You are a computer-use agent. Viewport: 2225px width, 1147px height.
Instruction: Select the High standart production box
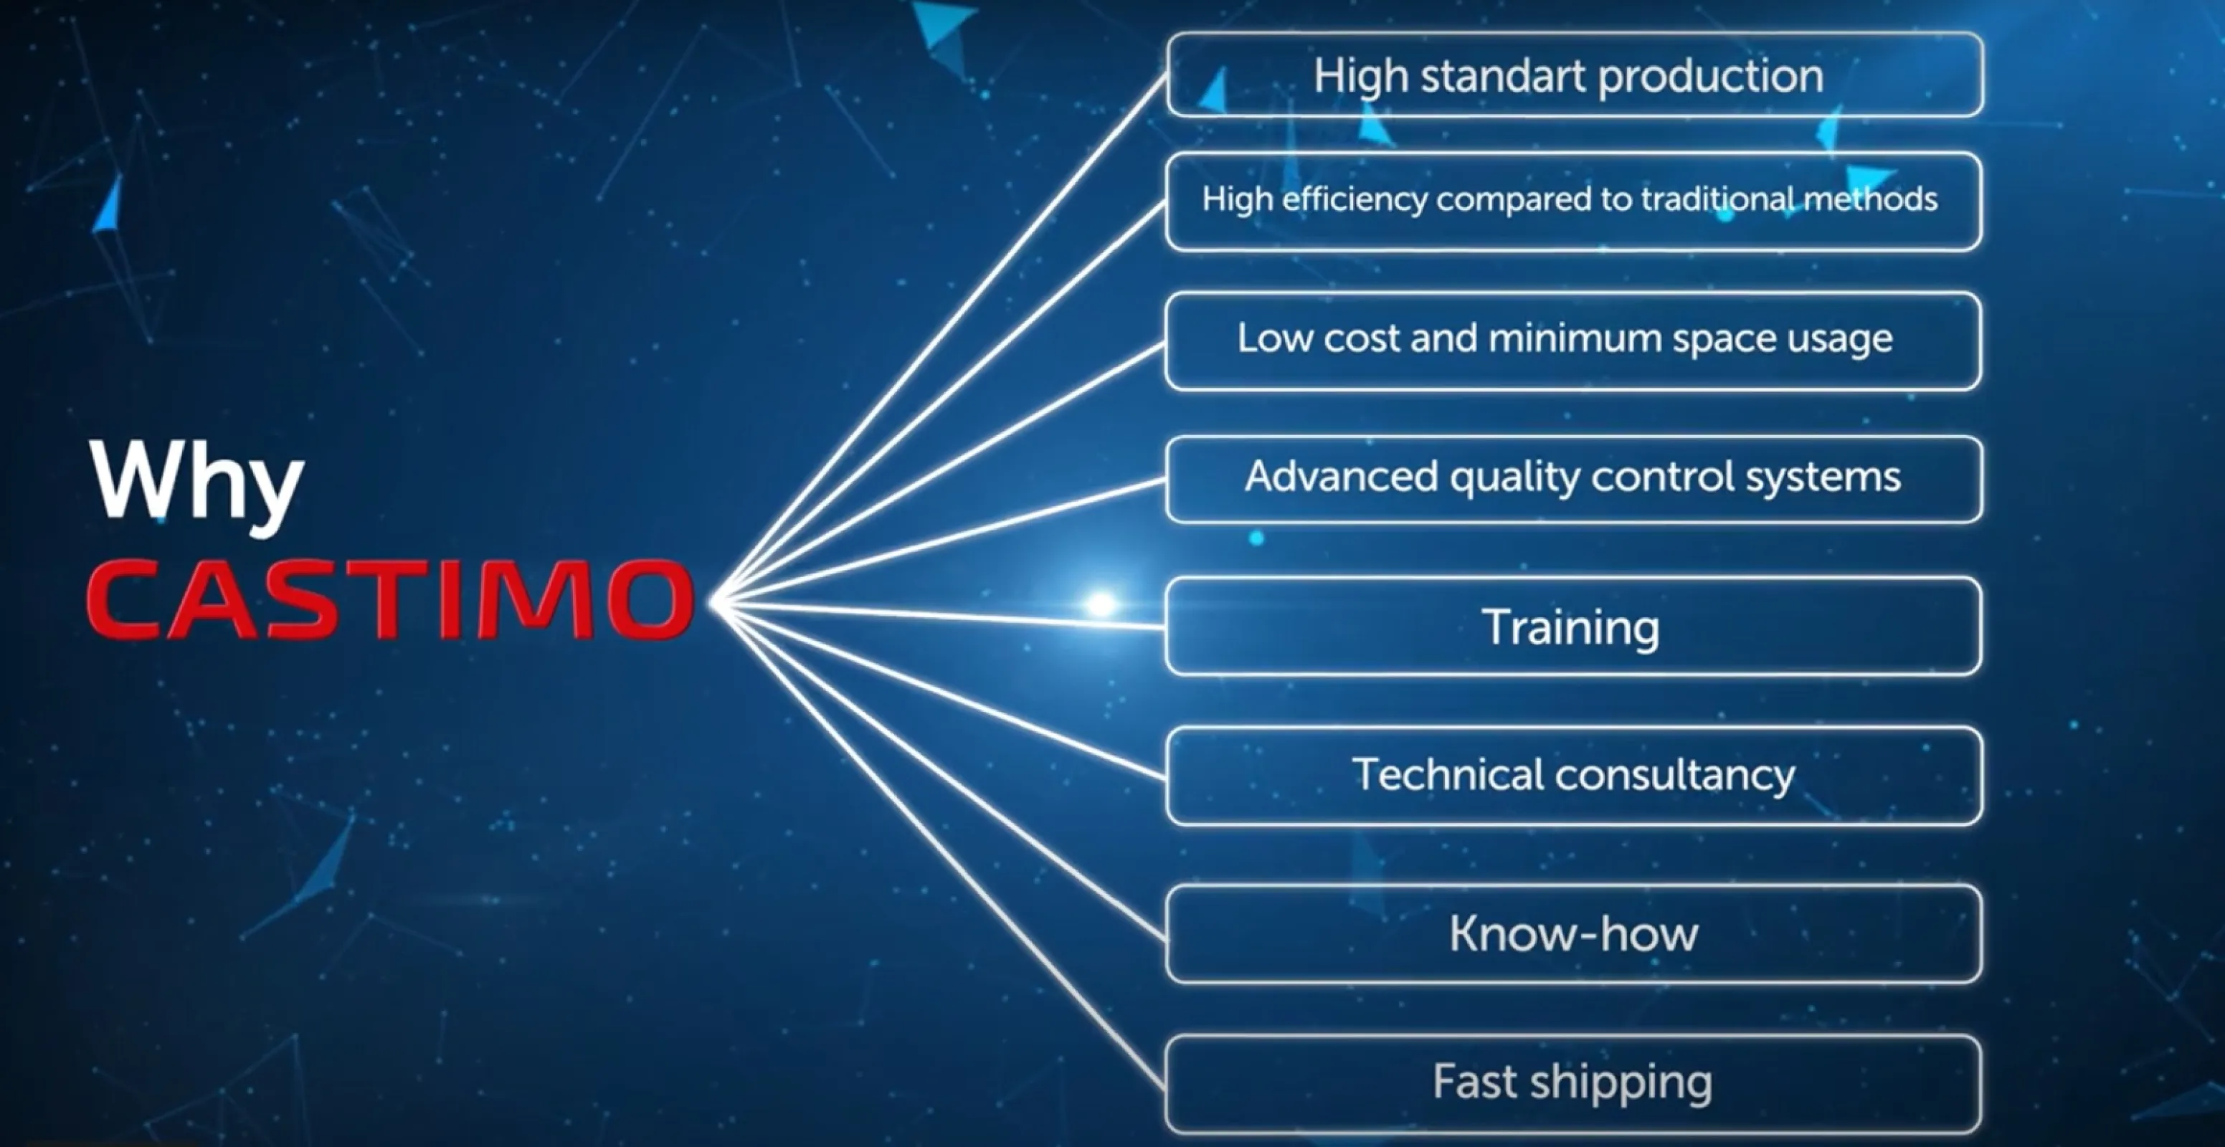click(1574, 75)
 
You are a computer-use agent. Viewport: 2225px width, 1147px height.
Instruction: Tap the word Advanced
click(1342, 476)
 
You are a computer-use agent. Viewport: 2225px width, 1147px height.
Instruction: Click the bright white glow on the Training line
click(1101, 604)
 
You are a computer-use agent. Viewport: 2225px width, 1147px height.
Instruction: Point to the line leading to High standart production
click(941, 338)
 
